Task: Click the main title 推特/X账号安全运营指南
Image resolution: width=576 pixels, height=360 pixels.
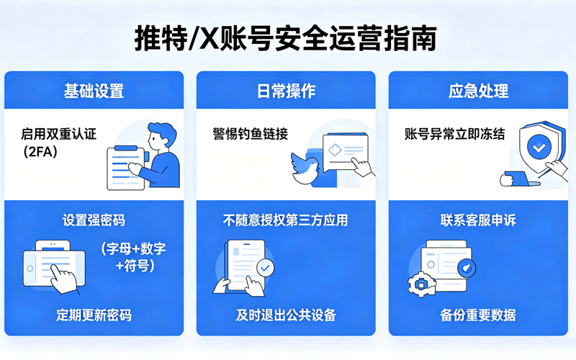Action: [x=285, y=38]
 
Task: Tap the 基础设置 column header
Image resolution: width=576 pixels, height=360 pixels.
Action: [x=94, y=91]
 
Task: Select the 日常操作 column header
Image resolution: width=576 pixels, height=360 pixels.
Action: [x=286, y=91]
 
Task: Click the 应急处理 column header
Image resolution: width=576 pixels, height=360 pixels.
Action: [x=478, y=91]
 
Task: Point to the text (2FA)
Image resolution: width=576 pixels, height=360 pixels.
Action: [x=40, y=151]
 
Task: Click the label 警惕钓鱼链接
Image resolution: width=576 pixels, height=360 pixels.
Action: [x=250, y=134]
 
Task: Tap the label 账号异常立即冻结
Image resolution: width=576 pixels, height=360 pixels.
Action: [x=455, y=134]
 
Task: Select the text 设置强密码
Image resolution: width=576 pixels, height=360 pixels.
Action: [x=94, y=220]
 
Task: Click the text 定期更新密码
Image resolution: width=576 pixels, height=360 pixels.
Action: [x=94, y=315]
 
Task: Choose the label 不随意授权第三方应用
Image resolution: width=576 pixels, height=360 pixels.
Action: [x=285, y=220]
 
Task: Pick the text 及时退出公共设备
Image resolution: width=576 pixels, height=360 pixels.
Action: [x=286, y=315]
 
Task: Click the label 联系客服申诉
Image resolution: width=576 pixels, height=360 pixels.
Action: [x=478, y=220]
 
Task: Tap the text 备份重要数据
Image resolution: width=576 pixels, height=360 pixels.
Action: [x=478, y=315]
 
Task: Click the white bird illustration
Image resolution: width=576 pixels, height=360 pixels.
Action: [x=305, y=169]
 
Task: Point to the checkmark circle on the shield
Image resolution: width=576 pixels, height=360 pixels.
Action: [x=539, y=147]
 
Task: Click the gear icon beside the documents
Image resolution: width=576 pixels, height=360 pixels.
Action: [x=421, y=284]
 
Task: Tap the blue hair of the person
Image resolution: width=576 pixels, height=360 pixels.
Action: [x=163, y=133]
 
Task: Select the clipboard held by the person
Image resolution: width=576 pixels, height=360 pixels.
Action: [x=125, y=168]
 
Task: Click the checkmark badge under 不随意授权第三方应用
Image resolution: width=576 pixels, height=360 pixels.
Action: [x=265, y=268]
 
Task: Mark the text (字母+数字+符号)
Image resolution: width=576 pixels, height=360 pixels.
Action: [x=134, y=257]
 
